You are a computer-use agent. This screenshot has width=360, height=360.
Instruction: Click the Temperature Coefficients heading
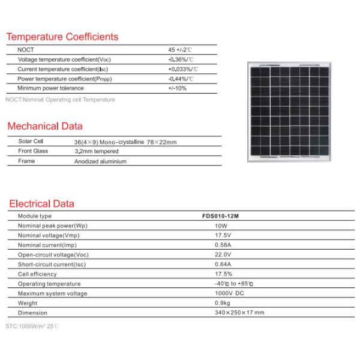tap(62, 37)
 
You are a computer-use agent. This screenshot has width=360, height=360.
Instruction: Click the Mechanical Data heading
tap(44, 127)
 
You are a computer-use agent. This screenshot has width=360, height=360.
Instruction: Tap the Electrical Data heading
tap(41, 203)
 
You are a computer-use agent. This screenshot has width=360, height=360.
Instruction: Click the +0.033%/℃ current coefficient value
tap(183, 69)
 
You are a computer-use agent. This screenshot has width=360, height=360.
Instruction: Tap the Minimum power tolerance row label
tap(51, 88)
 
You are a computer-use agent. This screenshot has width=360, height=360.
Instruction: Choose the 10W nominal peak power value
tap(220, 226)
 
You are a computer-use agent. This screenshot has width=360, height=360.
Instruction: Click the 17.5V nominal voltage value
tap(222, 235)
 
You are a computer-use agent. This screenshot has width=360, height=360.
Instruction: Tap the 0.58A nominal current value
tap(223, 245)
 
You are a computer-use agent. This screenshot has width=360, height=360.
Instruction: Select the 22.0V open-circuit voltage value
tap(222, 254)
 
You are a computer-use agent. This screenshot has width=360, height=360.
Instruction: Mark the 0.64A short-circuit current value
tap(223, 264)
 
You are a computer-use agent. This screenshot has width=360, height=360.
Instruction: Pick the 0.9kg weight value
tap(221, 303)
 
